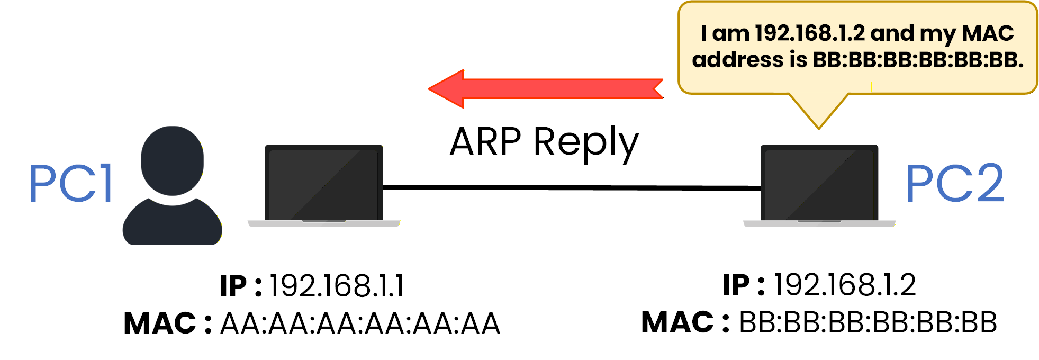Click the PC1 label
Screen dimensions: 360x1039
pyautogui.click(x=70, y=184)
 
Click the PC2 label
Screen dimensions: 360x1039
pyautogui.click(x=954, y=184)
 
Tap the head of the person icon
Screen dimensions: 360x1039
pyautogui.click(x=172, y=160)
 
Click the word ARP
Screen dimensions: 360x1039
pyautogui.click(x=485, y=142)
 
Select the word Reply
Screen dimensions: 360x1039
pyautogui.click(x=586, y=143)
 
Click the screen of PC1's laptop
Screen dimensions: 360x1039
pyautogui.click(x=323, y=183)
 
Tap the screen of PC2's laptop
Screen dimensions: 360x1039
pyautogui.click(x=819, y=183)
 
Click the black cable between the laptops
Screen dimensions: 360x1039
pyautogui.click(x=572, y=187)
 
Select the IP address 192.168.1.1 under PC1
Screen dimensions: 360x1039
pyautogui.click(x=337, y=286)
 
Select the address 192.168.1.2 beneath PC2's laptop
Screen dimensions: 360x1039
pyautogui.click(x=845, y=285)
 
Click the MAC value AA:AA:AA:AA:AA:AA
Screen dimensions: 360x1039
pyautogui.click(x=360, y=323)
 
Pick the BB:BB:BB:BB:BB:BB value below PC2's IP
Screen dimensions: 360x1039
pyautogui.click(x=868, y=322)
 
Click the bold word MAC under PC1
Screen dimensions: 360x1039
pyautogui.click(x=160, y=323)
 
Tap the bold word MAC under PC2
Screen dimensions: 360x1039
pyautogui.click(x=677, y=322)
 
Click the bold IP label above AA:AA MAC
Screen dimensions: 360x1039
pyautogui.click(x=233, y=286)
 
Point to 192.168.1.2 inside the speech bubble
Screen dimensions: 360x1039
pyautogui.click(x=809, y=33)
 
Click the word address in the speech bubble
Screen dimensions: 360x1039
pyautogui.click(x=737, y=60)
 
